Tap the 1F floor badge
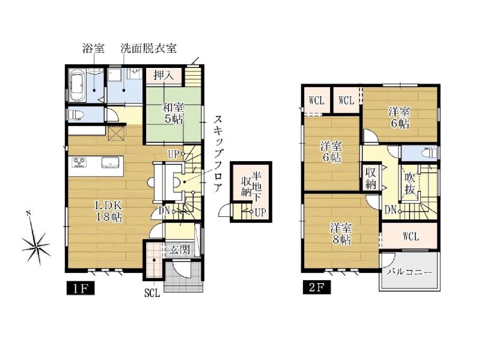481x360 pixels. [81, 288]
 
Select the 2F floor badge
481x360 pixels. [317, 288]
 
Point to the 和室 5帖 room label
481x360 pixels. [174, 113]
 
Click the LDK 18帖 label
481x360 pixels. [109, 211]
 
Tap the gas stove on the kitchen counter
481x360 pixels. [79, 162]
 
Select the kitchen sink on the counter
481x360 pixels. [110, 162]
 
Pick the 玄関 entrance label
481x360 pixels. [179, 250]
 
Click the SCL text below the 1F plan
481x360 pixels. [152, 293]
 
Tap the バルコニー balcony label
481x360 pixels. [409, 272]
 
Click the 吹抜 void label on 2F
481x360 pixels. [410, 184]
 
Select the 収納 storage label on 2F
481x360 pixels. [370, 178]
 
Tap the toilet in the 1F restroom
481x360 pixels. [76, 114]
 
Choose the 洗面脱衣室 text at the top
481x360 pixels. [149, 48]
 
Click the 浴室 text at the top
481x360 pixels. [93, 48]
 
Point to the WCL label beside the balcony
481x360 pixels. [411, 236]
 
